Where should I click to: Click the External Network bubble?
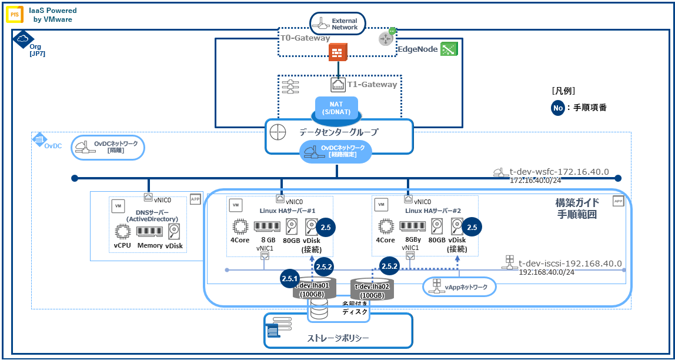click(338, 24)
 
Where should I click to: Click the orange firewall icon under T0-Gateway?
click(337, 53)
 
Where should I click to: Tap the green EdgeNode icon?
click(449, 49)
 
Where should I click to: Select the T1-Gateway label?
click(372, 85)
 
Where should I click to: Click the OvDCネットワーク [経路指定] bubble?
click(336, 151)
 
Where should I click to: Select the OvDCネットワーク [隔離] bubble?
click(108, 148)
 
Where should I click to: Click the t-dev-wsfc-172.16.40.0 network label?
click(559, 172)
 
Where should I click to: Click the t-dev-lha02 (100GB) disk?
click(372, 289)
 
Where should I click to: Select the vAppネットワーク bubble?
click(460, 286)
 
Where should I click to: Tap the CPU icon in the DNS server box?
click(122, 231)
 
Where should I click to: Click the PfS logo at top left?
click(15, 14)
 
